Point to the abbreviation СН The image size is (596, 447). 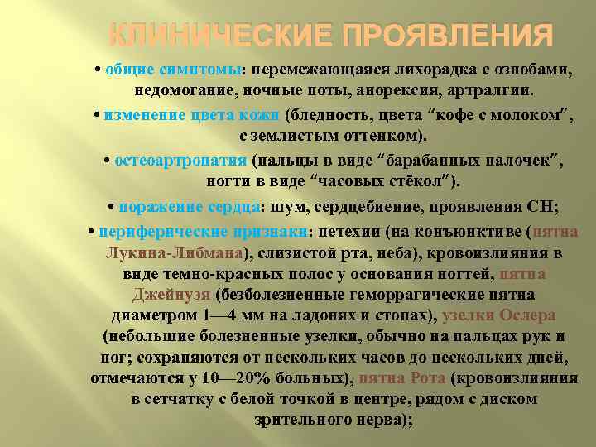(541, 206)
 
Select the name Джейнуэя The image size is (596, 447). (171, 294)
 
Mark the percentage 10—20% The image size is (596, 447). (243, 378)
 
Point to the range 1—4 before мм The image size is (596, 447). (219, 315)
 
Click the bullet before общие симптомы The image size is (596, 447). (98, 69)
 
